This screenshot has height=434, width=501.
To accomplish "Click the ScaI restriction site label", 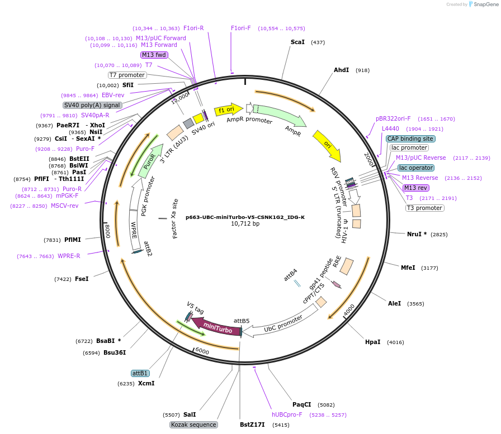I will [x=297, y=42].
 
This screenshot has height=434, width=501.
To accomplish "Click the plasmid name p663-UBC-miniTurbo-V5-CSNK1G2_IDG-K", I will [x=245, y=217].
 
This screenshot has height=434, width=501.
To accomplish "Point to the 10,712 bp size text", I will [x=245, y=224].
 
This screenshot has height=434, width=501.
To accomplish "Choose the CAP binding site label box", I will [x=410, y=139].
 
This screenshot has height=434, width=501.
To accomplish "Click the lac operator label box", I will [x=415, y=168].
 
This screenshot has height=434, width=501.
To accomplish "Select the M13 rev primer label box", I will [x=415, y=188].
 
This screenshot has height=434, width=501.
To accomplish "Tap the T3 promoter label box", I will [x=424, y=208].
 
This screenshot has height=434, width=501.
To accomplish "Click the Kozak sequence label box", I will [x=193, y=425].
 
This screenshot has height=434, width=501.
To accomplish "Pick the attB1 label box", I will [x=140, y=373].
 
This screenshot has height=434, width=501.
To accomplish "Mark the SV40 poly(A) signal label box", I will [x=92, y=105].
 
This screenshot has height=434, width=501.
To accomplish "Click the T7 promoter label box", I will [x=127, y=75].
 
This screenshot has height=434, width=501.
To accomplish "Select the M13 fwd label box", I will [x=154, y=55].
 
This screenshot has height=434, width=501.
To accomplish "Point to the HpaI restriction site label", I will [x=372, y=342].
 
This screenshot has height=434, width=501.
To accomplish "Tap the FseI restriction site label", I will [x=82, y=279].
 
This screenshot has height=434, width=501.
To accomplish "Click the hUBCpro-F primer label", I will [x=287, y=414].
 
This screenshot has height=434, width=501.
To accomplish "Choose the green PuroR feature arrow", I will [x=148, y=161].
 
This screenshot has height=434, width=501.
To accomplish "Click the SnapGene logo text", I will [x=484, y=4].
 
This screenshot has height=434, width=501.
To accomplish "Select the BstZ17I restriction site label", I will [x=252, y=425].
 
